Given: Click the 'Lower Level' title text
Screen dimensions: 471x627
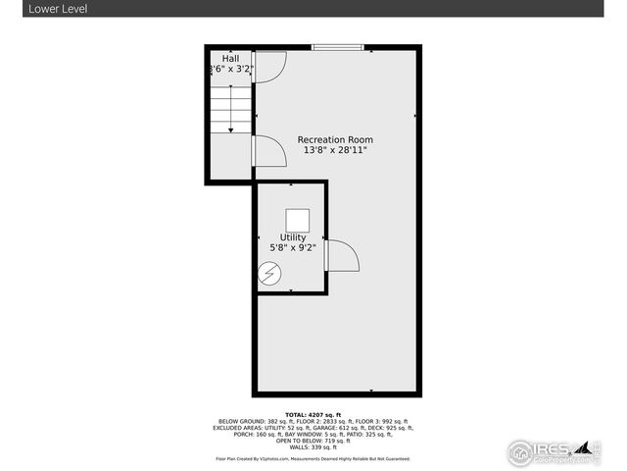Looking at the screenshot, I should [30, 8].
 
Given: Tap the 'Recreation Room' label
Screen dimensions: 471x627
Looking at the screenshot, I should [335, 139].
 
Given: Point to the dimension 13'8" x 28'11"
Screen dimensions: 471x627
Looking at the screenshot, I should [335, 151].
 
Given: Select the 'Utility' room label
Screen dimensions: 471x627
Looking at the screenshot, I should [292, 237].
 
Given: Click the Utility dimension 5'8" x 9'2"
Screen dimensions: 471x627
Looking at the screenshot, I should [292, 248].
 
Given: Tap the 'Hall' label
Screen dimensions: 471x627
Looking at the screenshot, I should [230, 59].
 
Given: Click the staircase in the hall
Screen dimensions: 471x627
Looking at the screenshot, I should [231, 108].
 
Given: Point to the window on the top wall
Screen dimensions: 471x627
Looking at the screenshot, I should [338, 47].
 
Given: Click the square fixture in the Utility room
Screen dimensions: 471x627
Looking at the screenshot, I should [297, 220].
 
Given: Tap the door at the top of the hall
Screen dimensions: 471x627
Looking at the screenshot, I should [270, 65].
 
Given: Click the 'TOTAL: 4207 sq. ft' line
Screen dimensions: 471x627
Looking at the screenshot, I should [313, 415].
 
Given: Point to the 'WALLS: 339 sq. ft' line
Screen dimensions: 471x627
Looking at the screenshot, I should [313, 447].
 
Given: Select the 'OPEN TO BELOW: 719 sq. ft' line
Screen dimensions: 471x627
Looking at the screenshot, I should [313, 441].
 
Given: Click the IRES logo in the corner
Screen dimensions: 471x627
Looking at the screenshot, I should [549, 451].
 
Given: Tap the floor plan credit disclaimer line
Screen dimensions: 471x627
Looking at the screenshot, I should [313, 458].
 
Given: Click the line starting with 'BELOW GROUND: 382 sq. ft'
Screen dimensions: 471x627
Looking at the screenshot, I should [313, 422].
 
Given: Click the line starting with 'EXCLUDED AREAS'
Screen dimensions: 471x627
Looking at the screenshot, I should [313, 428].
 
